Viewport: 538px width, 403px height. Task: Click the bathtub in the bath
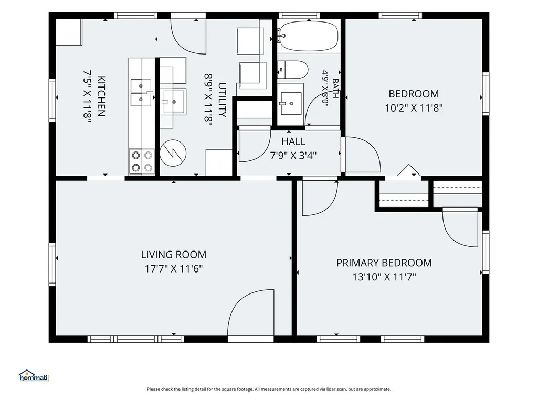(309, 36)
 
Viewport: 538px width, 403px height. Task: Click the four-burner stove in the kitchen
(142, 161)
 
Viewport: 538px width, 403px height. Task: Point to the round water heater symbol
(173, 153)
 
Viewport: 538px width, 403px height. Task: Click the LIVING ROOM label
(174, 255)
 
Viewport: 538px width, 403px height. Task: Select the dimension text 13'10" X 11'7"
(384, 277)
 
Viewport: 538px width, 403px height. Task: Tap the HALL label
(293, 141)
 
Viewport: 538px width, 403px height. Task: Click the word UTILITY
(222, 100)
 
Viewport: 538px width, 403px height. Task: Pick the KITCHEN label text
(101, 96)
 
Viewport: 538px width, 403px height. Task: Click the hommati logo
(34, 376)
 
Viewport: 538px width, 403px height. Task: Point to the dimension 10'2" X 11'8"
(414, 108)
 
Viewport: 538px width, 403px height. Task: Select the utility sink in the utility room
(174, 102)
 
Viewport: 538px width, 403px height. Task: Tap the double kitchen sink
(141, 93)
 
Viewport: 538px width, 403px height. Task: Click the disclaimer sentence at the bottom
(269, 389)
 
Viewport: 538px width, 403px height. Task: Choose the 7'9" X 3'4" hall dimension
(293, 156)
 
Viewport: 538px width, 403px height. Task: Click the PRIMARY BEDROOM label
(384, 263)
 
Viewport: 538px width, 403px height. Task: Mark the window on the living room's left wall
(52, 264)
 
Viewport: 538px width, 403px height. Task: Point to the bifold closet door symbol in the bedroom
(409, 170)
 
